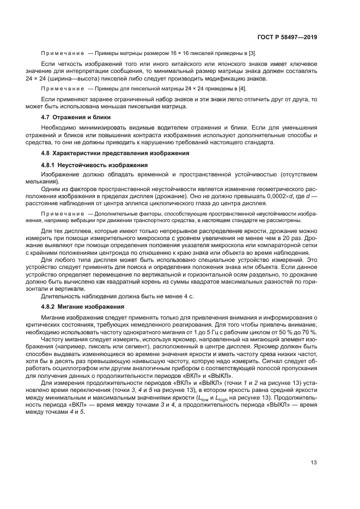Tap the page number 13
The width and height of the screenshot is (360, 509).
click(x=314, y=463)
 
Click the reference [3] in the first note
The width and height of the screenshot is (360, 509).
click(x=252, y=53)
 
